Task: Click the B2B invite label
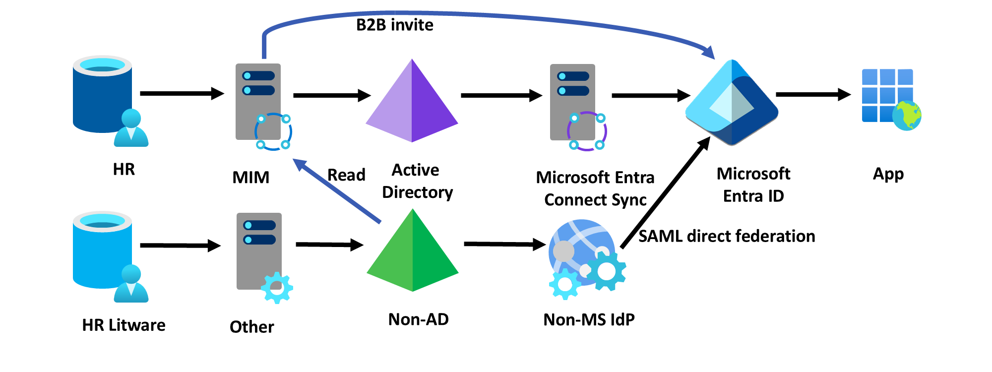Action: click(x=395, y=25)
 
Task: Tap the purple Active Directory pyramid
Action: click(x=412, y=104)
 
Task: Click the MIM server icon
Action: click(x=260, y=104)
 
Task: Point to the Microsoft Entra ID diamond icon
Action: click(x=732, y=103)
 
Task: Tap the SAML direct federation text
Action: click(x=727, y=236)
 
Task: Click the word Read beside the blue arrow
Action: click(x=346, y=175)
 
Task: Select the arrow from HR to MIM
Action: click(x=181, y=93)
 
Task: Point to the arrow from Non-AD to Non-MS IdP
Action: click(x=503, y=244)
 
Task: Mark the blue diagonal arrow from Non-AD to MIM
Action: click(x=337, y=191)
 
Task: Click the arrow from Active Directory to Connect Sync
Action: click(x=501, y=95)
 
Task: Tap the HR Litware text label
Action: click(x=124, y=325)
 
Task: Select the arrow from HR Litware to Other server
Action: click(x=180, y=245)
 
